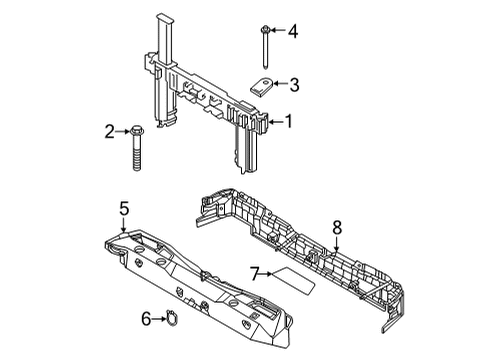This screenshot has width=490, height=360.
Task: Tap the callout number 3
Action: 294,84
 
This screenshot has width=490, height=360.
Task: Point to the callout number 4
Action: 293,32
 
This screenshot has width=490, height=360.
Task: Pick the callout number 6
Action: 147,320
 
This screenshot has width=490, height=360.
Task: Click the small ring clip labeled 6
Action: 171,320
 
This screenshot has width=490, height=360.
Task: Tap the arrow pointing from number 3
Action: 280,84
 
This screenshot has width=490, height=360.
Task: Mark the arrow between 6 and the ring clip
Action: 159,320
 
